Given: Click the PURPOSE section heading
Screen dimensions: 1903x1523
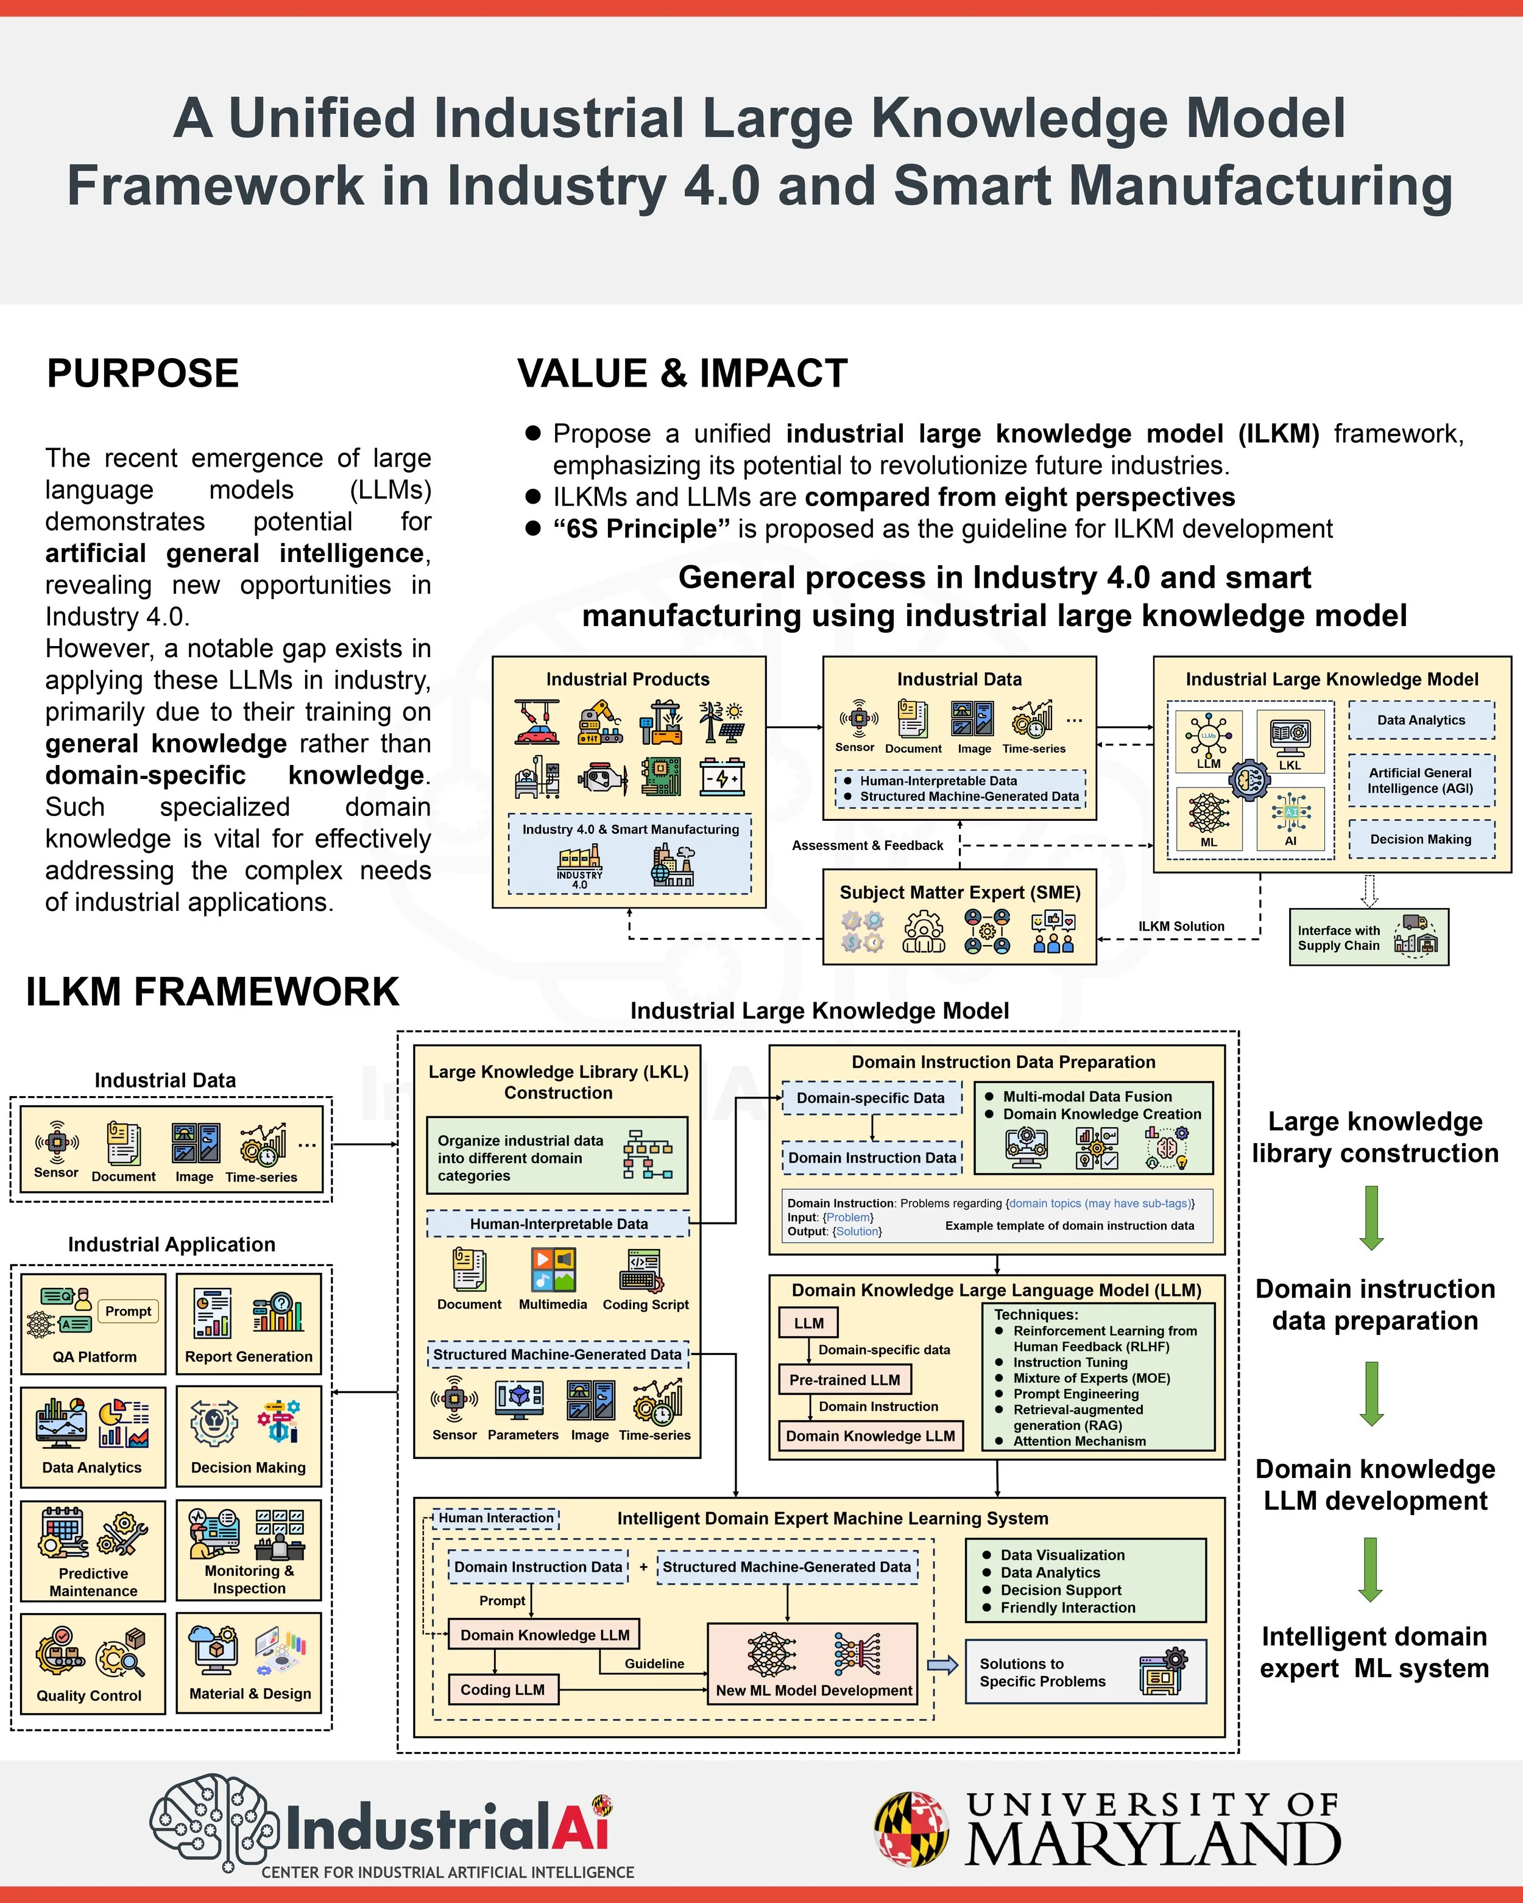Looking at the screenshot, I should coord(142,373).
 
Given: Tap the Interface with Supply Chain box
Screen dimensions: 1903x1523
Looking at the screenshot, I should coord(1368,937).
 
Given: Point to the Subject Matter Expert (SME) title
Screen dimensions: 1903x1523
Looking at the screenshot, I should coord(959,892).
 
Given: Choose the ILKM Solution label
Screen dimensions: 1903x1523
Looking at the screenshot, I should coord(1181,926).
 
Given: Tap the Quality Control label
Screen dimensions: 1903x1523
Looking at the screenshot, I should coord(89,1695).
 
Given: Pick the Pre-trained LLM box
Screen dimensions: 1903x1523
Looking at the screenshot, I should coord(845,1379).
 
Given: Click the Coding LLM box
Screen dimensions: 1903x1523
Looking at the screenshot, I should coord(503,1689).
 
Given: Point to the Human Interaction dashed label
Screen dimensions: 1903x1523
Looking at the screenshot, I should coord(496,1518).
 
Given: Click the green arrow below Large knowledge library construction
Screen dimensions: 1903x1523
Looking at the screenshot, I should coord(1371,1217).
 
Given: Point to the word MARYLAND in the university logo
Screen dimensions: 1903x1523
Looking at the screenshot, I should coord(1153,1845).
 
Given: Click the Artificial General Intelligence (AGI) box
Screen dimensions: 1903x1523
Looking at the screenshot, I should coord(1421,780).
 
